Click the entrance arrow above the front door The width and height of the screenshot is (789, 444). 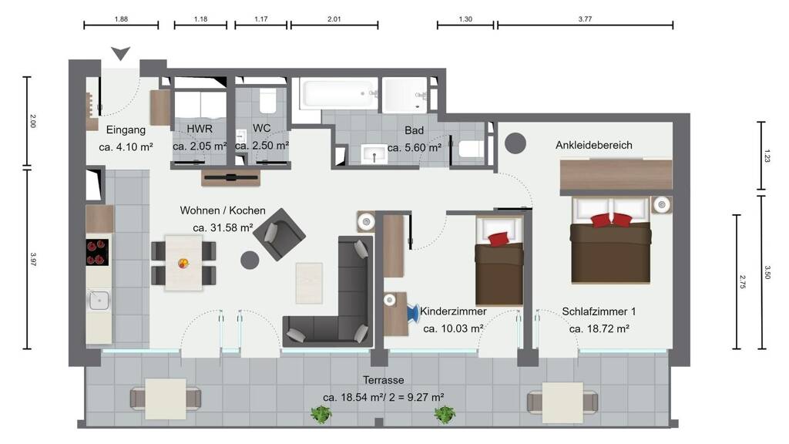click(x=121, y=52)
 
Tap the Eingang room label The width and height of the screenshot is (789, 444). click(x=126, y=129)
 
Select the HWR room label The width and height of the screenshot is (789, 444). click(x=200, y=129)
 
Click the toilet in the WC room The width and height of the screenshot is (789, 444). click(x=267, y=101)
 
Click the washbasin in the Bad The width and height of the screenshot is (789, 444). click(x=374, y=154)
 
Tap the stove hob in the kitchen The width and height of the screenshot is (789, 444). click(x=97, y=252)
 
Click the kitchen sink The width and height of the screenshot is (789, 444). click(x=99, y=301)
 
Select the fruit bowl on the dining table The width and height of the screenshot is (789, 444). click(x=183, y=263)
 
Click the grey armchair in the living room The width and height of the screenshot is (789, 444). click(x=279, y=234)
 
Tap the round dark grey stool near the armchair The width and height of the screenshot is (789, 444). click(x=250, y=261)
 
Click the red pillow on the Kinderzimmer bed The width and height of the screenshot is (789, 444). click(x=499, y=239)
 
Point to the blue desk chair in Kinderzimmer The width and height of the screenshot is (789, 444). click(x=413, y=313)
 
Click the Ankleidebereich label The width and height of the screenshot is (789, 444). click(x=594, y=145)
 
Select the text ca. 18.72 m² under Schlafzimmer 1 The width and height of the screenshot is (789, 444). click(x=599, y=328)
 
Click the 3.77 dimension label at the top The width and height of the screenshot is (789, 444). click(x=585, y=19)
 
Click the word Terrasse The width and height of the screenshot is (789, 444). click(x=384, y=380)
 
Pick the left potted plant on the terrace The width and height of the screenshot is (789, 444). click(x=321, y=415)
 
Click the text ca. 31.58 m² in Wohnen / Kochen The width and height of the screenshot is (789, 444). click(x=223, y=227)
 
